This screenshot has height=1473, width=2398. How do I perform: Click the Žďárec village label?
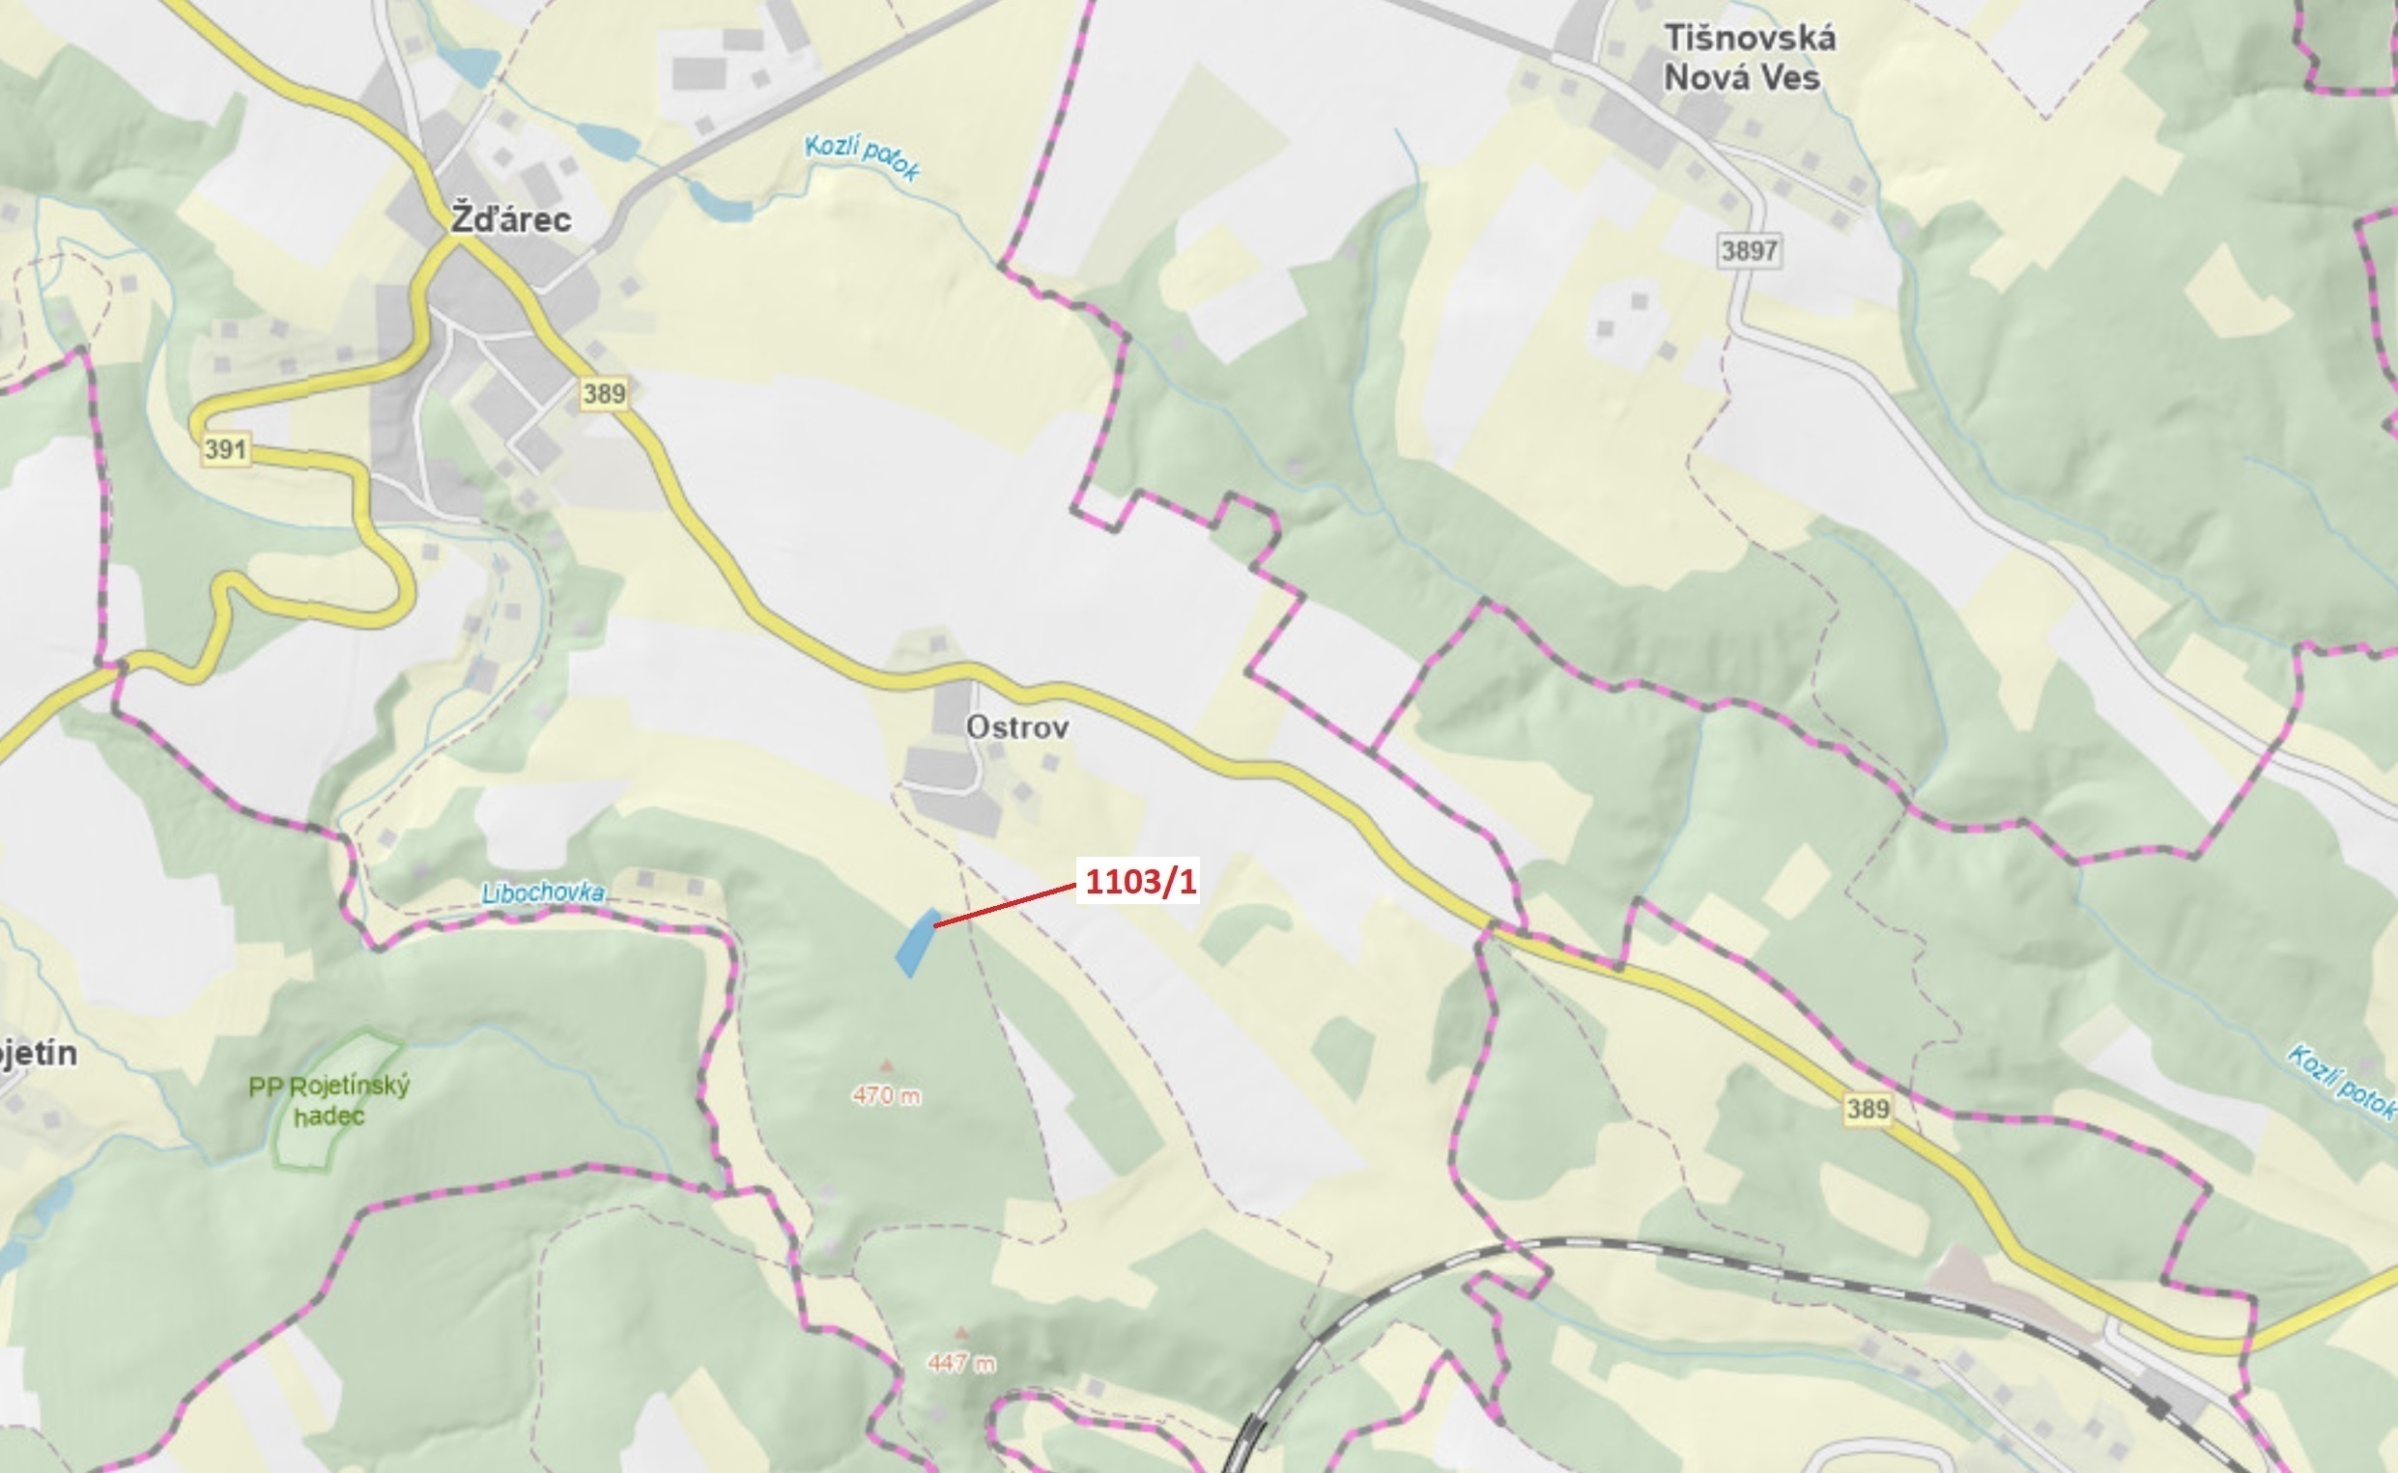510,220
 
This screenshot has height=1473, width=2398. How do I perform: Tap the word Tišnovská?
1750,39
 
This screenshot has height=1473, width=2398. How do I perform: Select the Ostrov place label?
1017,727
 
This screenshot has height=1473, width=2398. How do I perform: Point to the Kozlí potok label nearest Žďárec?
863,157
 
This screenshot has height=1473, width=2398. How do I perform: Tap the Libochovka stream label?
543,893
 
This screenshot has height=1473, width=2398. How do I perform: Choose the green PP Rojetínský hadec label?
329,1101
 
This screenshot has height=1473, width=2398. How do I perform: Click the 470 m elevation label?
886,1096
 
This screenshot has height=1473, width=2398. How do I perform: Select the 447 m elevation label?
961,1364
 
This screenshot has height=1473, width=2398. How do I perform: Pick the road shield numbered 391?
226,450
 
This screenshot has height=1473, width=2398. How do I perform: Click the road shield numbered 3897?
1749,251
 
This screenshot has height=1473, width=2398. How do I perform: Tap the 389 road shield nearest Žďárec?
604,393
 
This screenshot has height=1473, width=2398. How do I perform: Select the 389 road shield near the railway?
1867,1109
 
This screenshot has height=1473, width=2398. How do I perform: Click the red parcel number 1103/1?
1139,882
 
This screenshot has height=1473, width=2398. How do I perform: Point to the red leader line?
1004,904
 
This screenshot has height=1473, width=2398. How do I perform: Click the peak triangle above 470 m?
886,1065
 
